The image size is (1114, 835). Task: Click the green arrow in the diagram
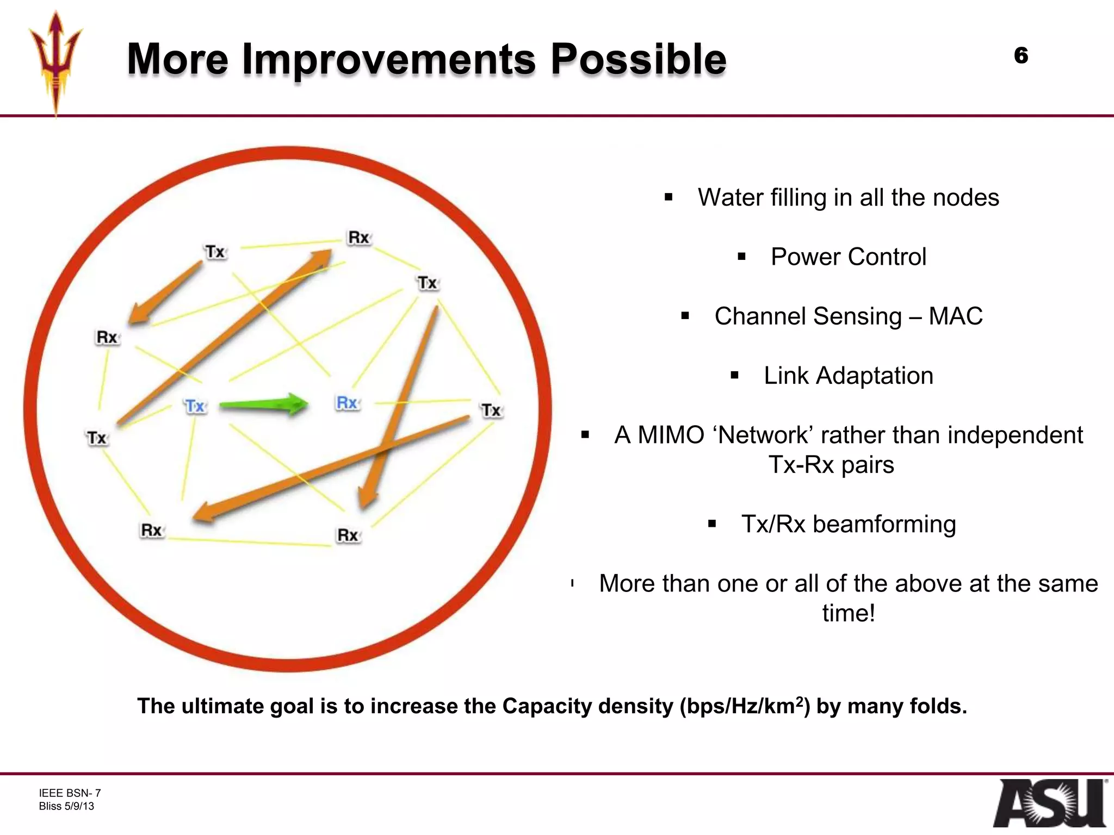click(264, 404)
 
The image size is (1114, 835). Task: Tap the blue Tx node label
click(195, 406)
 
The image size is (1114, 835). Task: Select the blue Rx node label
click(347, 403)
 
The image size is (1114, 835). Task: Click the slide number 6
click(1020, 55)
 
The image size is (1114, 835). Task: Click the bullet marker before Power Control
click(741, 257)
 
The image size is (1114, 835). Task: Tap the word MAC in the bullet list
click(955, 316)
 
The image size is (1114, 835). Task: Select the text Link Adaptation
click(848, 376)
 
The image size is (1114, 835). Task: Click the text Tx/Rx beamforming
click(848, 524)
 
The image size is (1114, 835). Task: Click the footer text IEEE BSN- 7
click(70, 793)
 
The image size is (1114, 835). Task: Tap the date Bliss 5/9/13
click(66, 806)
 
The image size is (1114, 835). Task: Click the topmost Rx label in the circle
click(358, 238)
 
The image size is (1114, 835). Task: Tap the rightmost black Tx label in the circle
click(491, 410)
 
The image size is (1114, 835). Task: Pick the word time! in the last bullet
click(848, 613)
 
